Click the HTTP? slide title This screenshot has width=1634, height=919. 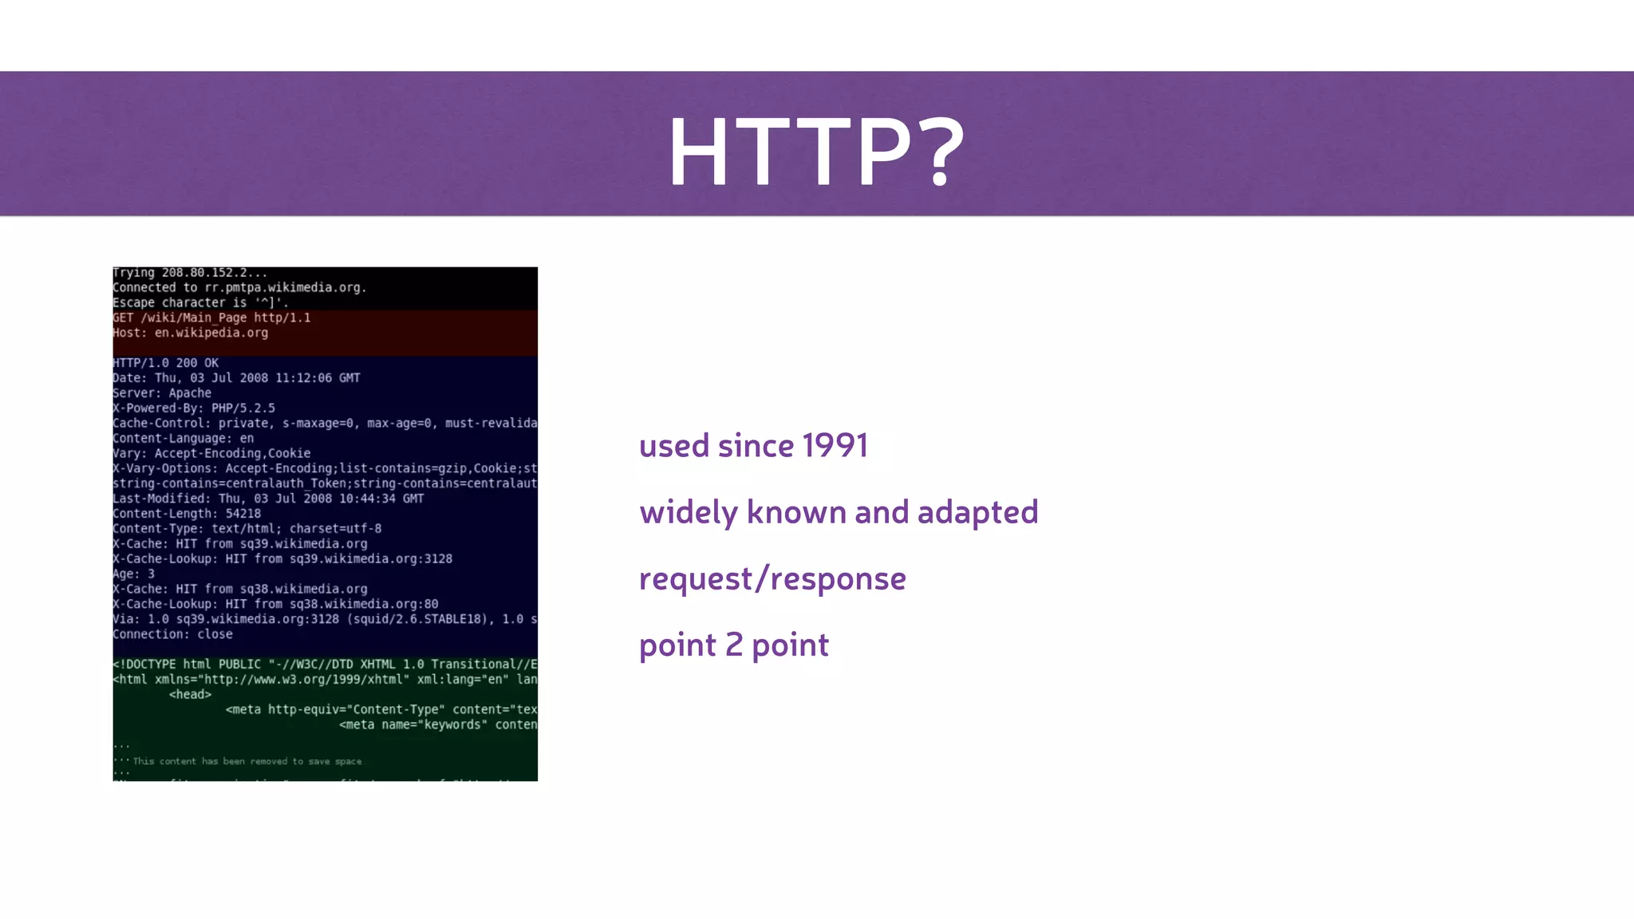click(x=815, y=152)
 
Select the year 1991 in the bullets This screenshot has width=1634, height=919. click(x=835, y=446)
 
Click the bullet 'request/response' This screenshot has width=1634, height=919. click(x=772, y=579)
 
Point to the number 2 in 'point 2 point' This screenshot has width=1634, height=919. click(x=734, y=645)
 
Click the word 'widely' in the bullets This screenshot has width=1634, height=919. click(x=688, y=513)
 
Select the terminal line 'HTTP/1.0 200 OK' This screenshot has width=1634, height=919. click(x=165, y=363)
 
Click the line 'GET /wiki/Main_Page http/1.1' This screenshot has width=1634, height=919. click(x=211, y=318)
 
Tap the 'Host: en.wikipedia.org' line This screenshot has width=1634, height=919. click(x=190, y=333)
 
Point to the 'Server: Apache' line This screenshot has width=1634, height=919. click(x=162, y=393)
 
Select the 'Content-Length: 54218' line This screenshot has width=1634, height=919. click(x=187, y=514)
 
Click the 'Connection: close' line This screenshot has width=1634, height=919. click(x=172, y=634)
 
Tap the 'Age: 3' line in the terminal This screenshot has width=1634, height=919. click(x=133, y=574)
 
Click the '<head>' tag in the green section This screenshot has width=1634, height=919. click(x=190, y=695)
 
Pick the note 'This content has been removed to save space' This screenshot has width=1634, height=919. click(x=247, y=761)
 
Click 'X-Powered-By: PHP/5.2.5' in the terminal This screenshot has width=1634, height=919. click(x=194, y=408)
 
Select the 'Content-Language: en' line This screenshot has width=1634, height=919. click(x=183, y=439)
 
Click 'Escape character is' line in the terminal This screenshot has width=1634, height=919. click(x=200, y=303)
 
